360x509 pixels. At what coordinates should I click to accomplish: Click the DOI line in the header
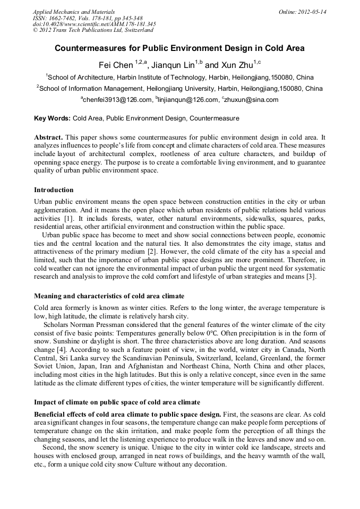(x=94, y=24)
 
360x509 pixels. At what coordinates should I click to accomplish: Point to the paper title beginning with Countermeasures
(x=179, y=48)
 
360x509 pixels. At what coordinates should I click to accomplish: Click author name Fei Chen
(x=114, y=65)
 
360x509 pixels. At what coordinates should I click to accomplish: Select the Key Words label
(x=52, y=118)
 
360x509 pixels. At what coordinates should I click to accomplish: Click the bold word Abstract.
(x=48, y=137)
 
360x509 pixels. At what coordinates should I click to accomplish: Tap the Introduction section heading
(x=54, y=190)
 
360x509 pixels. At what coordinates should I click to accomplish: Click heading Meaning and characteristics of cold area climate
(x=109, y=296)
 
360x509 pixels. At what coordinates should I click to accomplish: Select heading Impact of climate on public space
(x=117, y=402)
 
